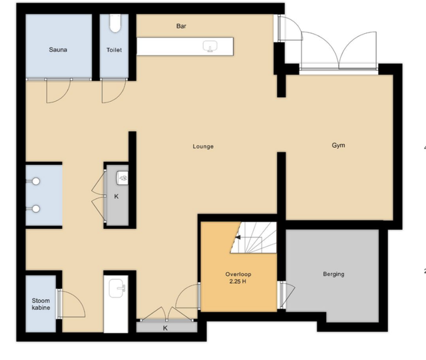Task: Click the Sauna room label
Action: pyautogui.click(x=58, y=50)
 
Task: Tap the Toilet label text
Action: pyautogui.click(x=114, y=50)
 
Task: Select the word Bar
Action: pyautogui.click(x=181, y=26)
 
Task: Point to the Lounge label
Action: pyautogui.click(x=203, y=146)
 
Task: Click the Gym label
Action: pyautogui.click(x=339, y=145)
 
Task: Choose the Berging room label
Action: pyautogui.click(x=333, y=274)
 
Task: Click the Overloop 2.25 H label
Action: pyautogui.click(x=238, y=277)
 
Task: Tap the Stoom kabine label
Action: pyautogui.click(x=41, y=304)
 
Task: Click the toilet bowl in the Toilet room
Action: pyautogui.click(x=115, y=23)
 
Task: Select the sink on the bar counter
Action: pyautogui.click(x=210, y=46)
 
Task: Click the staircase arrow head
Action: pyautogui.click(x=238, y=238)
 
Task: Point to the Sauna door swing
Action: pyautogui.click(x=59, y=91)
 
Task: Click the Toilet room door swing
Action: pyautogui.click(x=114, y=91)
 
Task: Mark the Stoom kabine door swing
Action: pyautogui.click(x=72, y=303)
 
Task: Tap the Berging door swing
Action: pyautogui.click(x=288, y=295)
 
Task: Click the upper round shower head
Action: pyautogui.click(x=36, y=181)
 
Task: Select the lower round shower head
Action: pyautogui.click(x=36, y=209)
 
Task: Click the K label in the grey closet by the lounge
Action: pyautogui.click(x=116, y=196)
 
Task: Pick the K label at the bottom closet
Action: pyautogui.click(x=165, y=328)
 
